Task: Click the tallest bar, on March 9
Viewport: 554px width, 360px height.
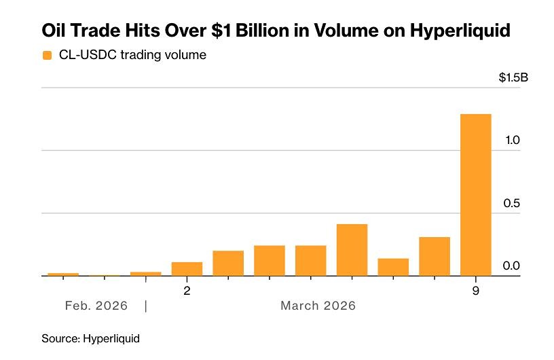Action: coord(475,195)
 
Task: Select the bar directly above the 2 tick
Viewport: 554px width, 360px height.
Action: coord(187,269)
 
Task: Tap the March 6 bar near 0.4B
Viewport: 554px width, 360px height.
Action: coord(352,250)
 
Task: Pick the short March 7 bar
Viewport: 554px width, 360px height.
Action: coord(393,268)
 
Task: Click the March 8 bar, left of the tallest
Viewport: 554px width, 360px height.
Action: coord(435,257)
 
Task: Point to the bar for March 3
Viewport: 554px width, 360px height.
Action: coord(228,264)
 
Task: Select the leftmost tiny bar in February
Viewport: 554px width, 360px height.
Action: coord(63,274)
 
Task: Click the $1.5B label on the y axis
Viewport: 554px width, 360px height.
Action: coord(513,77)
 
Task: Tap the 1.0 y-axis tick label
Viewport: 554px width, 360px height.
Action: coord(512,140)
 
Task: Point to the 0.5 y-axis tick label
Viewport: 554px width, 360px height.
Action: coord(512,203)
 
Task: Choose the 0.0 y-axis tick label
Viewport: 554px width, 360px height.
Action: coord(512,266)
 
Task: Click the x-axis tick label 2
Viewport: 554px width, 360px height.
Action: coord(187,291)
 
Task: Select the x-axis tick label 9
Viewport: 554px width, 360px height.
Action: coord(475,291)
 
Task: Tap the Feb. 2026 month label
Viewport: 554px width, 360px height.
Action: coord(96,306)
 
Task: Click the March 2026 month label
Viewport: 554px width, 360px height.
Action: coord(318,306)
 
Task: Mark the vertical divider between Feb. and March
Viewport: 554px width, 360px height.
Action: coord(146,306)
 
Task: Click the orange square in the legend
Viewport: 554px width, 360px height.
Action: coord(47,55)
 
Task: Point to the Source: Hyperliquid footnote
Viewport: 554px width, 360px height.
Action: coord(90,338)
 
